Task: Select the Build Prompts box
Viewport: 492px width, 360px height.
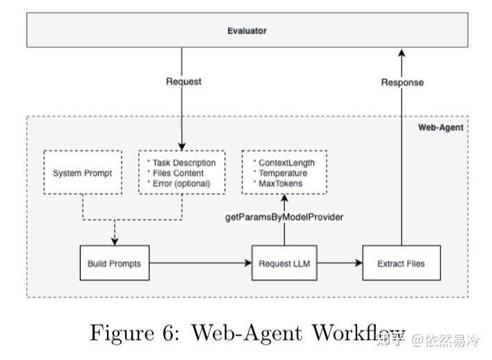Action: coord(114,263)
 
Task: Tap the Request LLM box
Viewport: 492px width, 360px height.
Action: coord(284,263)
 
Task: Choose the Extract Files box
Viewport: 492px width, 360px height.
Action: coord(401,263)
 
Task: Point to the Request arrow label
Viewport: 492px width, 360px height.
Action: coord(183,81)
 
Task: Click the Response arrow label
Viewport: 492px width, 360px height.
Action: coord(402,82)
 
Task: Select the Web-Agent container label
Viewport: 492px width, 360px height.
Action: coord(441,127)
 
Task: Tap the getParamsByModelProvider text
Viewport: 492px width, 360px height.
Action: coord(284,217)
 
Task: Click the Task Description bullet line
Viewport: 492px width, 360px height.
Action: coord(182,163)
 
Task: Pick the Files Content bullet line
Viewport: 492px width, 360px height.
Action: coord(177,173)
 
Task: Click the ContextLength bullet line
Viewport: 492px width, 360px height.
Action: coord(281,163)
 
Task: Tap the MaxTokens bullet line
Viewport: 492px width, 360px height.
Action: coord(277,183)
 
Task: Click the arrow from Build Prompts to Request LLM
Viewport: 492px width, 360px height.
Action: coord(200,263)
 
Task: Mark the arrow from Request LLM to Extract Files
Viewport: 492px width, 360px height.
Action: coord(338,263)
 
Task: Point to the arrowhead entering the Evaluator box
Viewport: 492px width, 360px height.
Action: coord(401,53)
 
